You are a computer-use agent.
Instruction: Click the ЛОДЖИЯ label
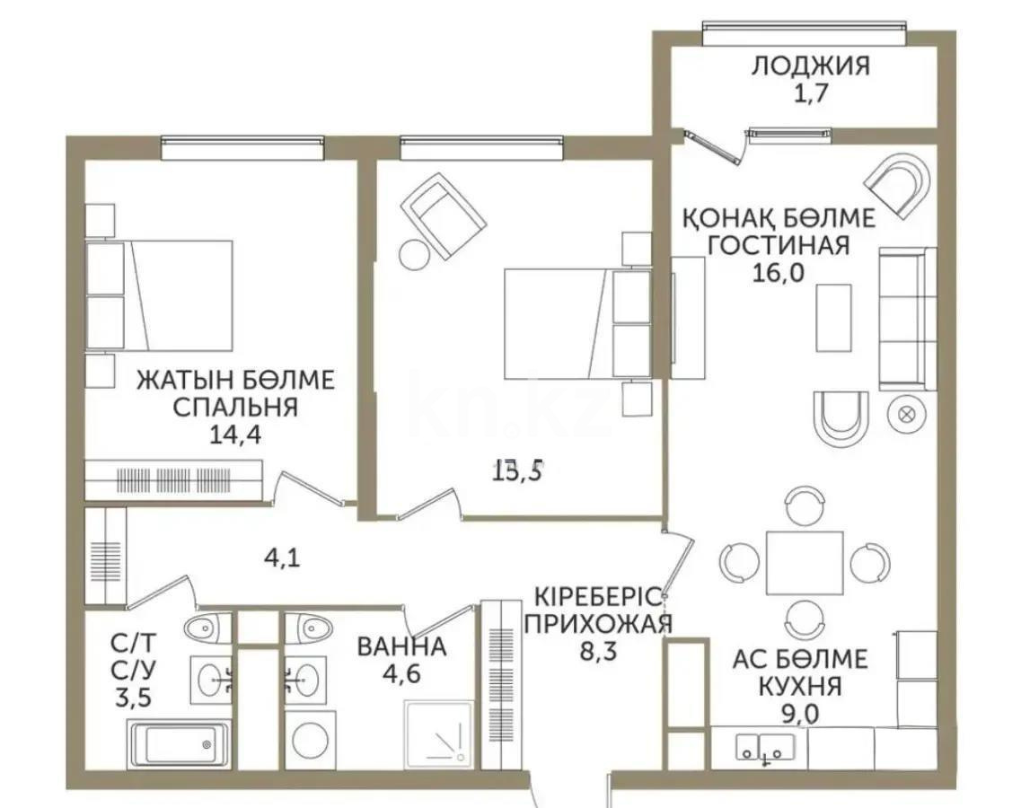[x=810, y=65]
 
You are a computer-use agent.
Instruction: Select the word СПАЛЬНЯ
[x=234, y=408]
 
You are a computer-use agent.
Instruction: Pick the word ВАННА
[x=400, y=646]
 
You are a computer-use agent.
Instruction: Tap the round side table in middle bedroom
[x=415, y=254]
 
